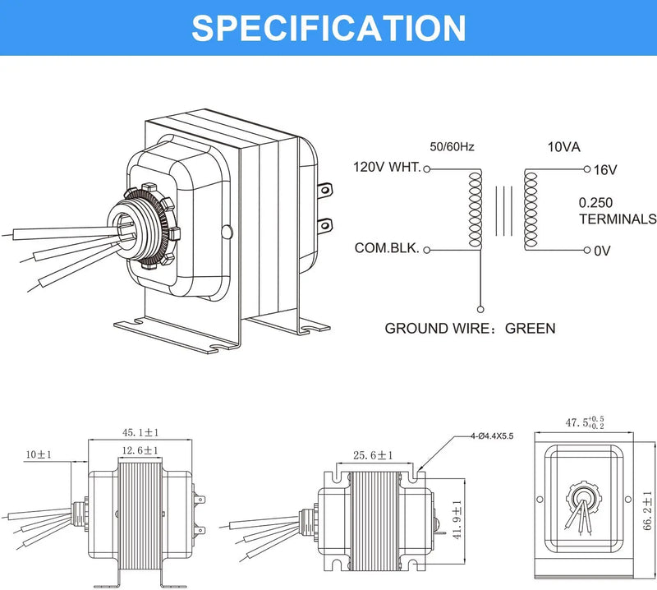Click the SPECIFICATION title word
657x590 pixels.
tap(328, 27)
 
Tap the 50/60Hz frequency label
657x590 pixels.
tap(452, 147)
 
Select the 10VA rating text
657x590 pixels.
tap(564, 147)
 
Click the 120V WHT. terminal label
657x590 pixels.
tap(386, 168)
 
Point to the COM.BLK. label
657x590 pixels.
tap(387, 247)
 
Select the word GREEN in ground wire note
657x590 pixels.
tap(530, 328)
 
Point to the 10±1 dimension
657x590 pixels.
tap(39, 454)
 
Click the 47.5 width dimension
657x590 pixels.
tap(583, 422)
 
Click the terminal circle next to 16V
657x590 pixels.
tap(587, 169)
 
